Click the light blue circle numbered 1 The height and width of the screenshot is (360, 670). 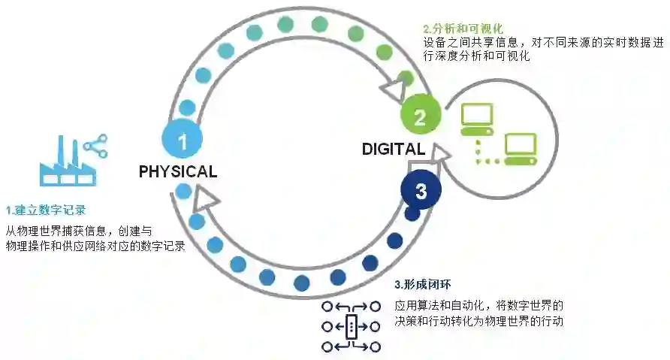click(181, 140)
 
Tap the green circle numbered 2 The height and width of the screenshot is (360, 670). click(420, 117)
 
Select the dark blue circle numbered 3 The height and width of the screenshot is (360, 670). click(420, 191)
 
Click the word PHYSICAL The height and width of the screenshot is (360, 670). click(178, 171)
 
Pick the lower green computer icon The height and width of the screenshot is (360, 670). click(520, 149)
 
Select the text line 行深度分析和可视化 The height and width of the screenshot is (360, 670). click(477, 56)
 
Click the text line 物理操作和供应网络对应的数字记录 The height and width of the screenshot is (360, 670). click(96, 246)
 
